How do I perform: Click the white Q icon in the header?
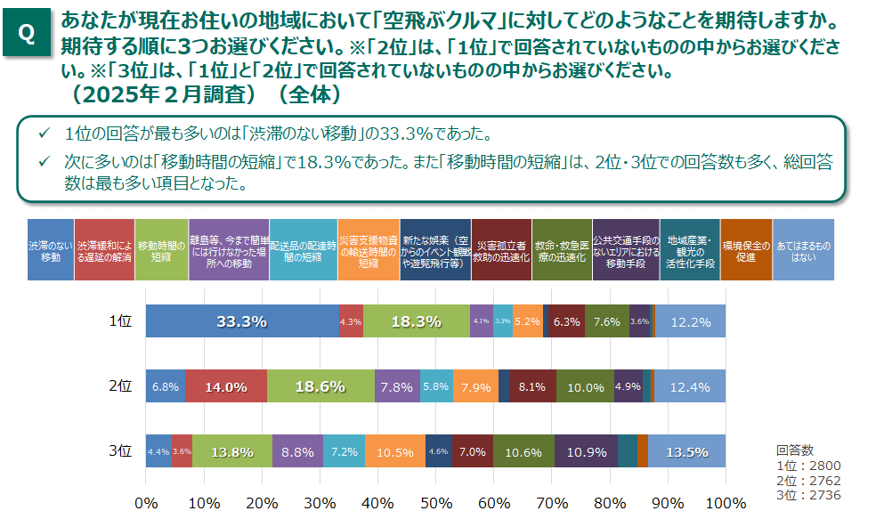27,34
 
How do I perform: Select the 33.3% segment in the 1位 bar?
242,321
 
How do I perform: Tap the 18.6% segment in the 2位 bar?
320,386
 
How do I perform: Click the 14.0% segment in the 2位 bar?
226,386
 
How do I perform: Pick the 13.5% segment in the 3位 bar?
686,451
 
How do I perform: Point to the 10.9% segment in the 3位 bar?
586,451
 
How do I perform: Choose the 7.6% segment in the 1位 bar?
607,321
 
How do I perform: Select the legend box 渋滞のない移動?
51,250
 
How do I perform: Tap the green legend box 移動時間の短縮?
162,250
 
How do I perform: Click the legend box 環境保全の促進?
746,250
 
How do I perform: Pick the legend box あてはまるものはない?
804,250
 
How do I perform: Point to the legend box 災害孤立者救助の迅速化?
503,250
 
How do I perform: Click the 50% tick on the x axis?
436,503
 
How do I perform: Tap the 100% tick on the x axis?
726,503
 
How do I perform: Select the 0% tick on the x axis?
146,503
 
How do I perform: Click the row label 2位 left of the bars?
120,386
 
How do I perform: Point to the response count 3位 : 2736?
808,495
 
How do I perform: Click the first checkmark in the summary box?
43,134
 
